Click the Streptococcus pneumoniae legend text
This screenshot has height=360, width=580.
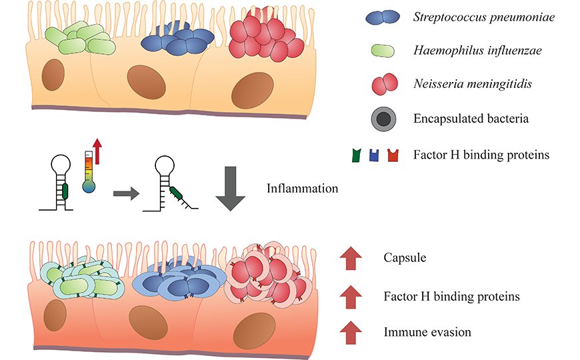click(484, 17)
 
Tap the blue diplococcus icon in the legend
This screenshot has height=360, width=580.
click(383, 17)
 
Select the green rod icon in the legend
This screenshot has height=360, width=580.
click(383, 51)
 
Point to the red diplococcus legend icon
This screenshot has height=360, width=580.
click(385, 84)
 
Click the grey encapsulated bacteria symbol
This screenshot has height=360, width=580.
click(383, 119)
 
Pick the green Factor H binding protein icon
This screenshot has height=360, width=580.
click(356, 155)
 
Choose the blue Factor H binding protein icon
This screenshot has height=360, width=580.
click(374, 155)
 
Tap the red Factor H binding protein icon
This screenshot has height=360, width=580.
click(393, 155)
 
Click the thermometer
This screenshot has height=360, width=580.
click(89, 172)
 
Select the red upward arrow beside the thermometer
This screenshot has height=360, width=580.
click(97, 151)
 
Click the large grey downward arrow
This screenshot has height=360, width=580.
click(231, 189)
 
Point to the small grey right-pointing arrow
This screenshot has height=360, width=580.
click(126, 193)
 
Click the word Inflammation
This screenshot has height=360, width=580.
click(302, 189)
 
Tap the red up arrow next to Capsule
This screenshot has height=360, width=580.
click(351, 258)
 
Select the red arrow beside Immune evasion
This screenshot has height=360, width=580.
click(351, 333)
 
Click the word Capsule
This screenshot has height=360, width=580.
click(405, 257)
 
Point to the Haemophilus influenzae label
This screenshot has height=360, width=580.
click(477, 50)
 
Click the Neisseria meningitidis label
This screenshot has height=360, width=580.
click(473, 84)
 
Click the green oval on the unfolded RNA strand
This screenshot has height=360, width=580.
click(176, 193)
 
